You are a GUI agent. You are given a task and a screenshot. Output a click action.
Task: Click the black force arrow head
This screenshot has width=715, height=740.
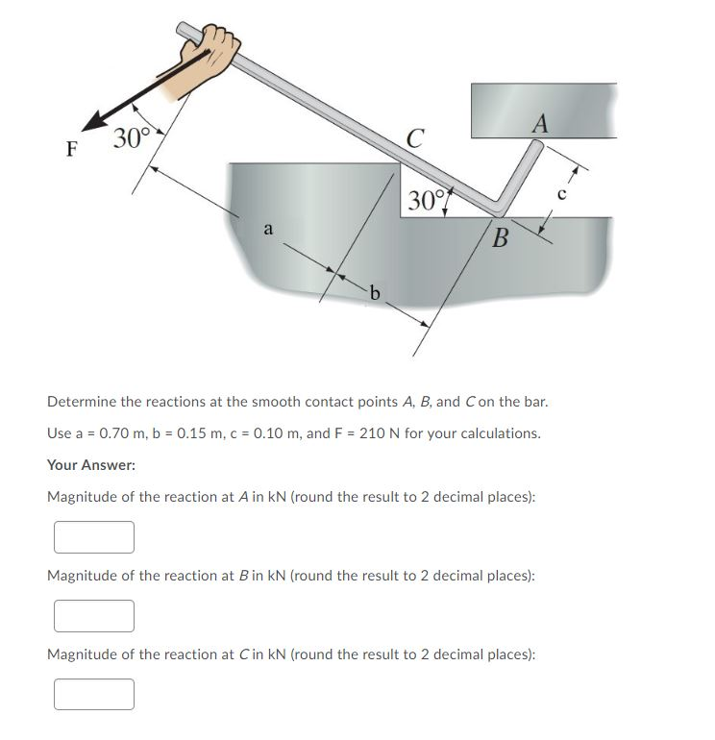94,120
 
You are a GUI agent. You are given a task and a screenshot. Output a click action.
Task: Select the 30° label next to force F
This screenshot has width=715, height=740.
130,139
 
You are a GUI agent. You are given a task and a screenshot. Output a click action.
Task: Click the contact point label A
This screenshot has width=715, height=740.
539,123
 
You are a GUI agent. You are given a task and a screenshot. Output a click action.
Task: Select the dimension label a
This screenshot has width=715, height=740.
270,229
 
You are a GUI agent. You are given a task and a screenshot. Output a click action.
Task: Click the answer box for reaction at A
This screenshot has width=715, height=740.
94,537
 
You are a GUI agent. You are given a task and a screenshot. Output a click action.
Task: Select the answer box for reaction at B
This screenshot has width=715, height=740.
94,615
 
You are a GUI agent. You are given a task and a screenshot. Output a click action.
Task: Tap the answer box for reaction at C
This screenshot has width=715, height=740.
94,694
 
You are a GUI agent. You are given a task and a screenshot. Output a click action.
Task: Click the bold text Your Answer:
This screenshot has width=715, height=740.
91,465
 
